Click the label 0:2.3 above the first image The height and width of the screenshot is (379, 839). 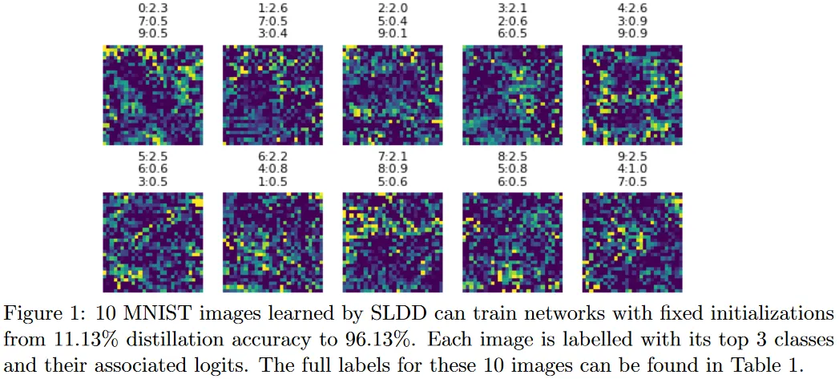(x=152, y=8)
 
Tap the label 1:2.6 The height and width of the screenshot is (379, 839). (x=272, y=8)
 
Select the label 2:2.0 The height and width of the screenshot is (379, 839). (x=392, y=8)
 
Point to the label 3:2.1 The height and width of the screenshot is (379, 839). (x=512, y=8)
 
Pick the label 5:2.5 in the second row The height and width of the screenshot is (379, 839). (x=152, y=155)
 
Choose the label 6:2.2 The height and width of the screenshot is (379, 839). (x=272, y=155)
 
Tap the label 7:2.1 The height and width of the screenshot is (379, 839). (x=392, y=155)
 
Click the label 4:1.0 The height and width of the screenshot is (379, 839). (x=632, y=169)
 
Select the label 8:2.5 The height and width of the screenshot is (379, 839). (x=512, y=155)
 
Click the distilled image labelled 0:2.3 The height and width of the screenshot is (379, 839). (x=153, y=95)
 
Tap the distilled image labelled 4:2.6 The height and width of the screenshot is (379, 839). (x=632, y=95)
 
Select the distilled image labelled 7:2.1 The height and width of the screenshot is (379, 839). (x=393, y=243)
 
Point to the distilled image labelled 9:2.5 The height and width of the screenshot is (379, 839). (x=632, y=243)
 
